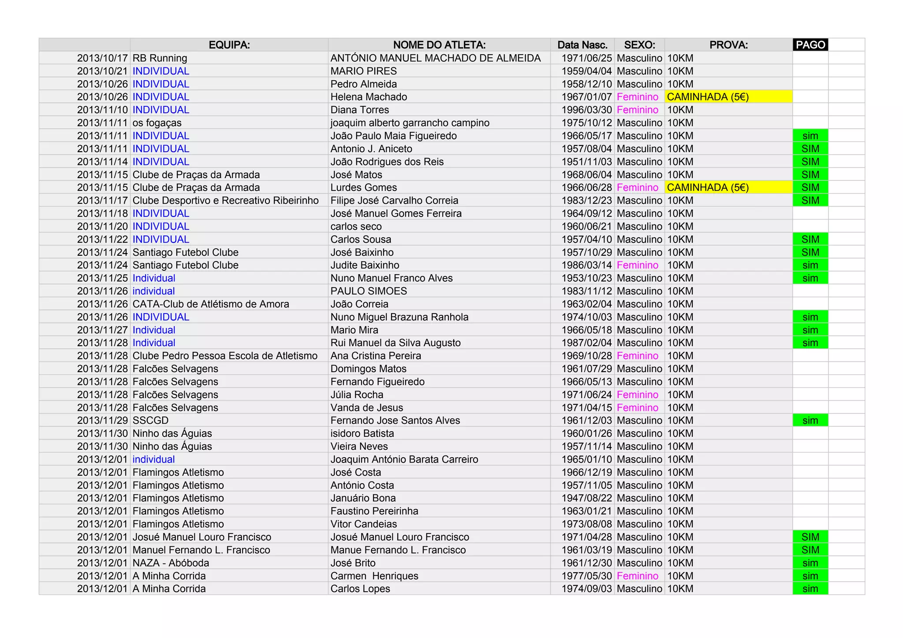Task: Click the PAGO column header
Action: coord(810,45)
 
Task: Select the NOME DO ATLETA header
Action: coord(439,45)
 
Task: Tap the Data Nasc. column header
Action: coord(582,45)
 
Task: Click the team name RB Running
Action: coord(160,58)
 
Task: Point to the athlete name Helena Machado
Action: coord(369,97)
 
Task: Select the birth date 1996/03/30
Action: coord(586,110)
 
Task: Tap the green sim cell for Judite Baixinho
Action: coord(810,265)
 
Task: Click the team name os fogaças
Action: coord(157,123)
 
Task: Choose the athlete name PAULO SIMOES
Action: coord(369,291)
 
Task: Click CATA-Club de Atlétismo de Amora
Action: coord(211,304)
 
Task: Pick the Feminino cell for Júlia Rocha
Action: coord(637,395)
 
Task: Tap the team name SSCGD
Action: coord(150,421)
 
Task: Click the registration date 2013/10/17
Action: coord(102,58)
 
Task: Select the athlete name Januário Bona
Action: coord(363,498)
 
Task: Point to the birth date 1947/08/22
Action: coord(586,498)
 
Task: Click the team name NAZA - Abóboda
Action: coord(171,563)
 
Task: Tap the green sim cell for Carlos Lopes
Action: coord(810,589)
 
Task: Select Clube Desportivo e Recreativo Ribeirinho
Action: coord(225,201)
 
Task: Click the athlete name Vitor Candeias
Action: coord(364,524)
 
